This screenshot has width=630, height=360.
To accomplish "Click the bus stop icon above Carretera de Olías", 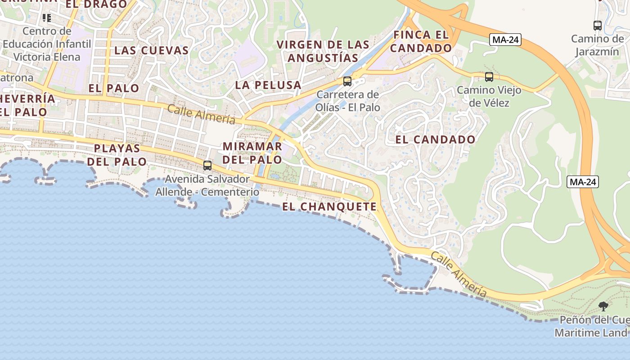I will coord(347,81).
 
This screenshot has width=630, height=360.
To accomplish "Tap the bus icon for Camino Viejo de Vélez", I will coord(489,77).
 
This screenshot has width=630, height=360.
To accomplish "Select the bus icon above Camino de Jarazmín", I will coord(598,26).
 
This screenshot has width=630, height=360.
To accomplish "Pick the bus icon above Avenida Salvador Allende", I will coord(207,166).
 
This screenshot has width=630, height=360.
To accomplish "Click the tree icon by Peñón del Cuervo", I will coord(603,306).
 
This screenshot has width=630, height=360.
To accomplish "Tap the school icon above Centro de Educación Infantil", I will coord(47,18).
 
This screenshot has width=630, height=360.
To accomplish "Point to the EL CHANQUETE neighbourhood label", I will coord(330,207).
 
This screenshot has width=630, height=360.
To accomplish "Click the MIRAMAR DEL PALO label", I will coord(252,153).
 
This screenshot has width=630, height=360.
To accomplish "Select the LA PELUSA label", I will coord(268,85).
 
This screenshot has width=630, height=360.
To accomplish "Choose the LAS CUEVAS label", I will coord(151,50).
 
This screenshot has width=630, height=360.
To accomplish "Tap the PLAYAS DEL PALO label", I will coord(117,155).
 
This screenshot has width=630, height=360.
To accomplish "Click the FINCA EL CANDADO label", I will coord(421,41).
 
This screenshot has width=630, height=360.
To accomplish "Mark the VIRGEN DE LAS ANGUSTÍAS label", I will coord(323,51).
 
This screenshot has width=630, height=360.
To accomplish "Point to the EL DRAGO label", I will coord(96,4).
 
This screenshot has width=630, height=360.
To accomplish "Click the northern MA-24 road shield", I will coord(505,40).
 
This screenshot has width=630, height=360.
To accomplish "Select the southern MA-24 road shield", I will coord(583,182).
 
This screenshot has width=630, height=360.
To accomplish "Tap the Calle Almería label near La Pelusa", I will coord(201,114).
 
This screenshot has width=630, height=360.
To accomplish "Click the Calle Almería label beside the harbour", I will coord(459,274).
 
